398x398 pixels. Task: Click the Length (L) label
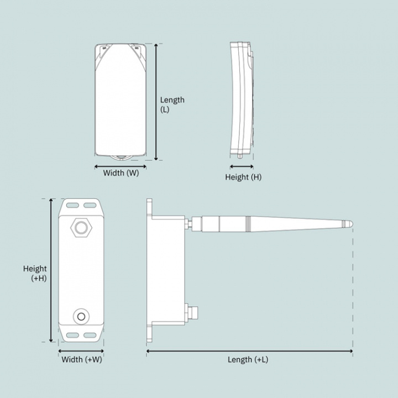point(172,104)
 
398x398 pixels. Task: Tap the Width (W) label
point(121,172)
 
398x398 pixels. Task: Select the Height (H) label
point(243,177)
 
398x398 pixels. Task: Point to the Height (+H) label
point(35,274)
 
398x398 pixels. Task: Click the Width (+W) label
point(82,360)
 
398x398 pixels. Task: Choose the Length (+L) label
point(248,360)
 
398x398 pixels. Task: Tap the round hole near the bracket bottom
point(82,316)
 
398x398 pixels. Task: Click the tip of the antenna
point(350,224)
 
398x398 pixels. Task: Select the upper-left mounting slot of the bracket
point(72,205)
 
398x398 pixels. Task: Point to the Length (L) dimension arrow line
point(156,102)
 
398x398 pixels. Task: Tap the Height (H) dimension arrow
point(242,166)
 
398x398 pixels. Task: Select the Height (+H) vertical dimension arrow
point(51,270)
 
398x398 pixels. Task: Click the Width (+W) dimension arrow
point(81,350)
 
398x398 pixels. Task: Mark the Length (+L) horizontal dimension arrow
point(249,350)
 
